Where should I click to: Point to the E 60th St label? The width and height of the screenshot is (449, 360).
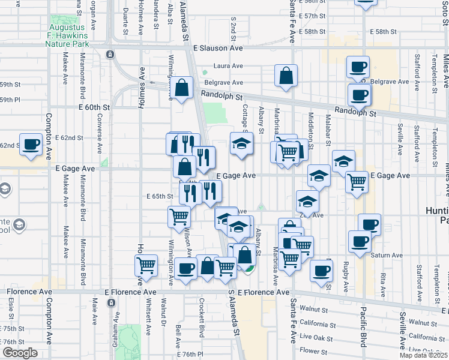[95, 107]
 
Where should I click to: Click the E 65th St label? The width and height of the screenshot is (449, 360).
[160, 196]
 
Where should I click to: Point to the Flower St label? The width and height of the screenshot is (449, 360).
[313, 350]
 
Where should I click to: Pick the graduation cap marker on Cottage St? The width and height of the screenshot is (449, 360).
[241, 143]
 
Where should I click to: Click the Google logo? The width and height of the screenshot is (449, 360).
[20, 353]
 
